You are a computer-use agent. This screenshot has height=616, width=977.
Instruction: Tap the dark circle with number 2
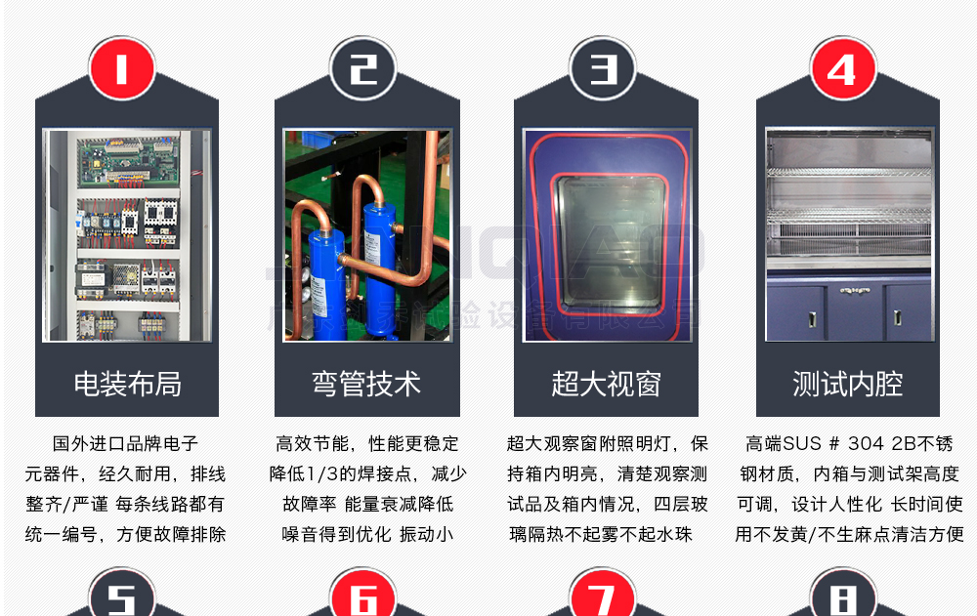point(363,68)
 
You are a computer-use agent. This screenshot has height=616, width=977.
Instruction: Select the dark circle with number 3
point(604,68)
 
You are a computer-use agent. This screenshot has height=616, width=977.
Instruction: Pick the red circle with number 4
point(842,68)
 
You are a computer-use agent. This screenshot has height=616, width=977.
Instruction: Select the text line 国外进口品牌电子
point(125,445)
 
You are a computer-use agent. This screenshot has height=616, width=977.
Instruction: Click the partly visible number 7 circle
point(603,595)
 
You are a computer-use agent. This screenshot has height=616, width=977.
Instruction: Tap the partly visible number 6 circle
point(363,595)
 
